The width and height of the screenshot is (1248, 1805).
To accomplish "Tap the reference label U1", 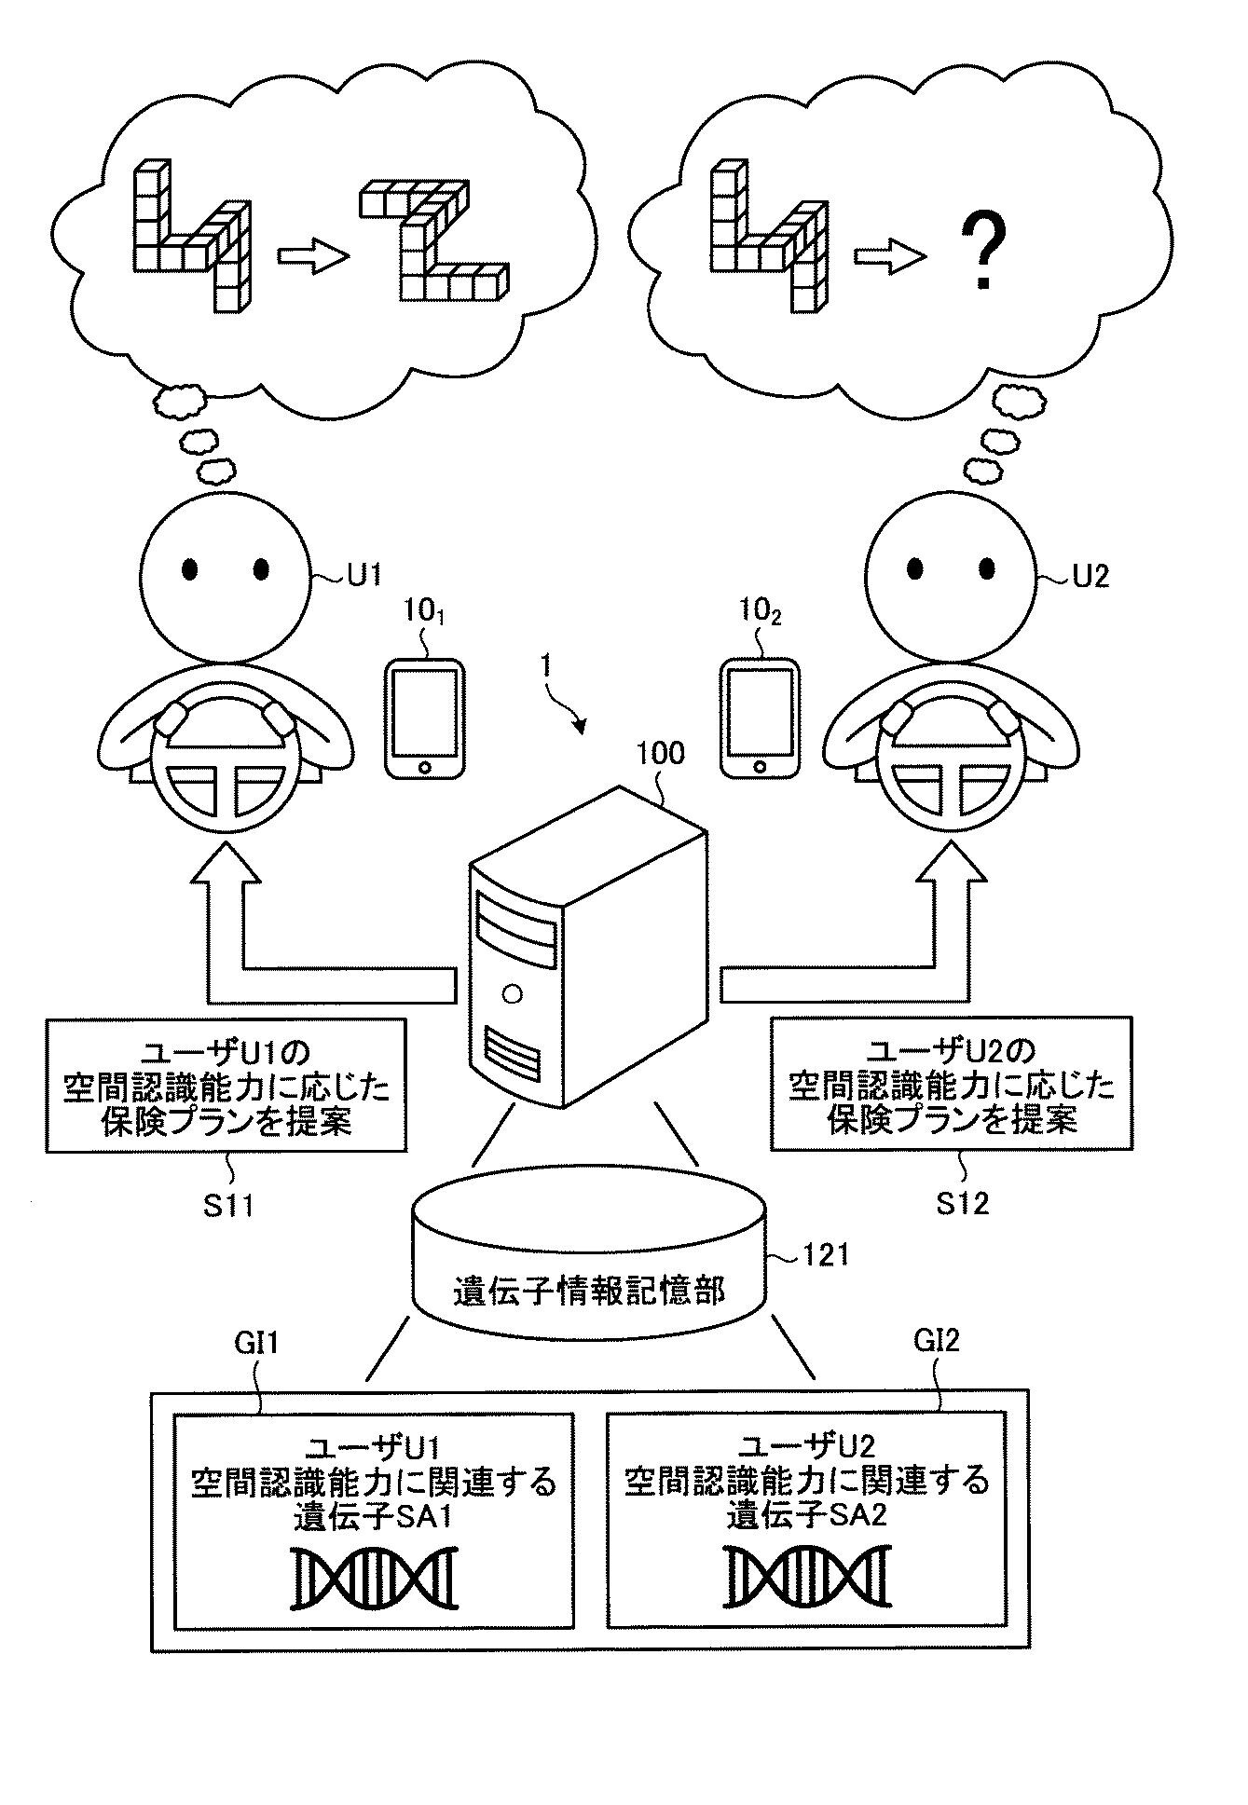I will [364, 575].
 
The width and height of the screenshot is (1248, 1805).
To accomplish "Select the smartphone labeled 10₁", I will [425, 718].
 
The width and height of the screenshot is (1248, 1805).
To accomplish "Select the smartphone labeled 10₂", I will [761, 718].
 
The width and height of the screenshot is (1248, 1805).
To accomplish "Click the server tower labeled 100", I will [585, 946].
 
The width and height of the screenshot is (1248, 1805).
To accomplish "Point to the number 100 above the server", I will [660, 753].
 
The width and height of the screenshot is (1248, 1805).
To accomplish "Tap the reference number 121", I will [825, 1254].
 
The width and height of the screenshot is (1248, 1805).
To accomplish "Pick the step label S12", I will [962, 1203].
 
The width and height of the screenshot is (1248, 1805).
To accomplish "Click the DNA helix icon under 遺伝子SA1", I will [375, 1578].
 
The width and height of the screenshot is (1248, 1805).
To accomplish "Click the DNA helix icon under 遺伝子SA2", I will [807, 1578].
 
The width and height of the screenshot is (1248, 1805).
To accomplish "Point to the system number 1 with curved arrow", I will [547, 668].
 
